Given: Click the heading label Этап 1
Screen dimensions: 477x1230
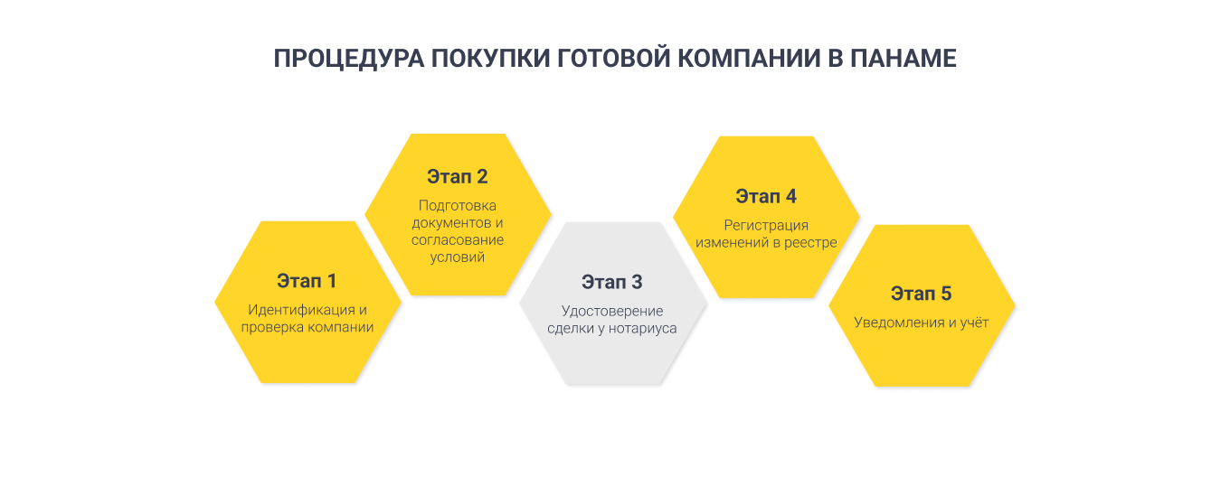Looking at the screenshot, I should click(307, 280).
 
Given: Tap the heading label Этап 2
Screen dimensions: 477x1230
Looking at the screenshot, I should click(458, 177).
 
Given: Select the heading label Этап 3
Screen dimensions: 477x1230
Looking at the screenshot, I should click(612, 282).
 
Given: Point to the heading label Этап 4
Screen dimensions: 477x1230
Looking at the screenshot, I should click(766, 196).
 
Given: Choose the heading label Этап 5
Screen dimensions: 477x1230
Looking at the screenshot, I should click(921, 294).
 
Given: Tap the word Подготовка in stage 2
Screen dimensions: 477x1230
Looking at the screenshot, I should click(458, 206).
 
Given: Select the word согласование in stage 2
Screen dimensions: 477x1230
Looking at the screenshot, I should click(458, 240).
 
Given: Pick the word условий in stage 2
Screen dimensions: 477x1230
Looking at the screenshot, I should click(458, 257).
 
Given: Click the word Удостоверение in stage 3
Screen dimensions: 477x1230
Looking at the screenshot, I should click(612, 311).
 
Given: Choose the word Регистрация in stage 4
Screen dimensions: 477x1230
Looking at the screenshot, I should click(766, 225).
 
